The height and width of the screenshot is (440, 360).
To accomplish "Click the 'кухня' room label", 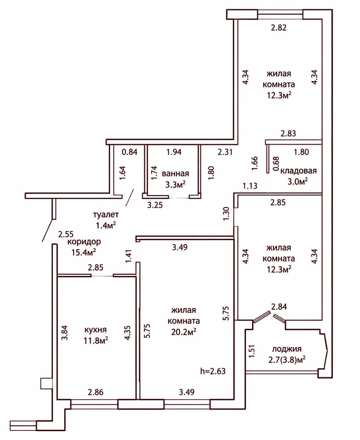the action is click(96, 330).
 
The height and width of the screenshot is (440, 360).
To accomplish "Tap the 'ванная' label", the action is click(176, 174).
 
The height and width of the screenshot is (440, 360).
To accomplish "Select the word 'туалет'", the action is click(106, 214).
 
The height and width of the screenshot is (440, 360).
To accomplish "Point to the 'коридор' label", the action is click(84, 242).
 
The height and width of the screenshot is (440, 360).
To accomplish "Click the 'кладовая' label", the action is click(298, 171).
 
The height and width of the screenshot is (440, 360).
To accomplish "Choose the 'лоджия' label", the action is click(287, 349).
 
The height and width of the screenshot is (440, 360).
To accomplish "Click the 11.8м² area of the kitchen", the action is click(96, 341).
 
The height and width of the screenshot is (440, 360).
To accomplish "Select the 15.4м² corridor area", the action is click(83, 253).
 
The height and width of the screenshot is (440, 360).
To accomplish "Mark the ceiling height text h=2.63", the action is click(213, 371).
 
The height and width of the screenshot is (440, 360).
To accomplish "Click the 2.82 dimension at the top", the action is click(278, 28).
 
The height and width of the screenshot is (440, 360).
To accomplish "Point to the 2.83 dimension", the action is click(288, 133).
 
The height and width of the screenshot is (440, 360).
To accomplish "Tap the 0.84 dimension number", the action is click(130, 152).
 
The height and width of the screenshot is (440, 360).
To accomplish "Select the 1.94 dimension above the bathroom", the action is click(174, 152).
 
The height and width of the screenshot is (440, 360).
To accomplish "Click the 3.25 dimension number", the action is click(155, 205).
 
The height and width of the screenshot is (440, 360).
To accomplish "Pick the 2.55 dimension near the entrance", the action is click(66, 234).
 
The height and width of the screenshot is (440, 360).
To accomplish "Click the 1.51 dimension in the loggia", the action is click(252, 351).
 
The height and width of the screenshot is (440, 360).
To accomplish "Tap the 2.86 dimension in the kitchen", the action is click(96, 392).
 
